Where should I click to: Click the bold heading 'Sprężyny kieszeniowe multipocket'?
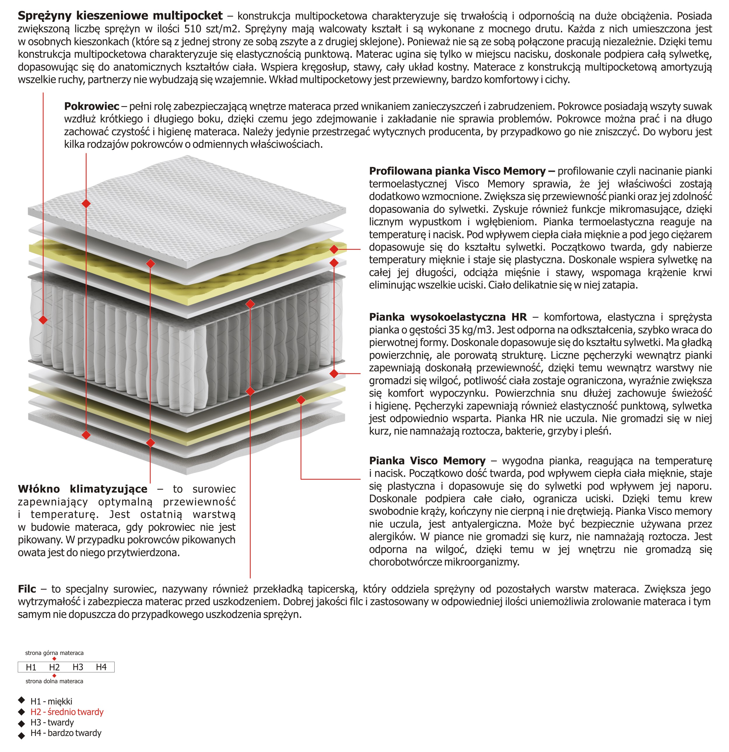[x=120, y=16]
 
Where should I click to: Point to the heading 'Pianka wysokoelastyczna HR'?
[x=448, y=317]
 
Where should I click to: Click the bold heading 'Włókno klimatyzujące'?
[x=83, y=489]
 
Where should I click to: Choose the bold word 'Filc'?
[x=27, y=589]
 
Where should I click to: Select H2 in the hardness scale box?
[x=54, y=667]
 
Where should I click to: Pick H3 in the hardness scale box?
[x=78, y=667]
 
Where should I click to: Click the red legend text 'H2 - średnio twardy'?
[x=67, y=712]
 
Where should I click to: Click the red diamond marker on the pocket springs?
[x=43, y=319]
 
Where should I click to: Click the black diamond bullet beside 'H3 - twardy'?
[x=22, y=723]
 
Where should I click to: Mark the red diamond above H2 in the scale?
[x=54, y=659]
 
